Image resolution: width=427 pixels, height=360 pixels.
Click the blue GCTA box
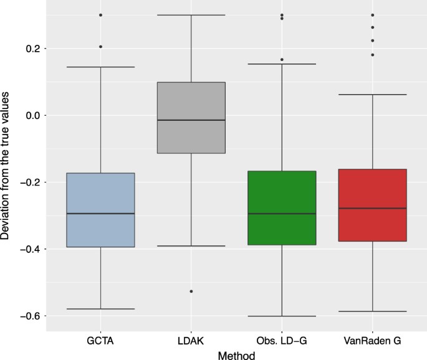(x=100, y=209)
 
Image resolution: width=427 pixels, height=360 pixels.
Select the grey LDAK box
(x=191, y=117)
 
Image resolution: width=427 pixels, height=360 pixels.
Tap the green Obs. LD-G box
(x=282, y=207)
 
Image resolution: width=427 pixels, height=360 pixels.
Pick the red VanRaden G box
(x=372, y=205)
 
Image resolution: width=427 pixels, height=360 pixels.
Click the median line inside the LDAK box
(x=191, y=120)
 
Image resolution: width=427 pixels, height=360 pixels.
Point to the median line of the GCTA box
(x=100, y=214)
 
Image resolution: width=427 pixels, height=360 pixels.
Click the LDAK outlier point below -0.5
(x=191, y=291)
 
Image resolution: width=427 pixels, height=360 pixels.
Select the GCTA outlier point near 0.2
(x=100, y=47)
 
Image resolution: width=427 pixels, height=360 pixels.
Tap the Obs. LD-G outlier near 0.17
(x=282, y=60)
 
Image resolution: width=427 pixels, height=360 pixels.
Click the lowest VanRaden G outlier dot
(x=372, y=55)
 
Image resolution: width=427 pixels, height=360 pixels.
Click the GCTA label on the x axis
(x=100, y=341)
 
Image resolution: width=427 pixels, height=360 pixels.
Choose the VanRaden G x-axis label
(x=372, y=341)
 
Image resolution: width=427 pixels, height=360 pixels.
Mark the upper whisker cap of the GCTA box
(x=100, y=67)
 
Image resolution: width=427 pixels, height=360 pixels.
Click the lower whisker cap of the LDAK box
(x=191, y=246)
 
